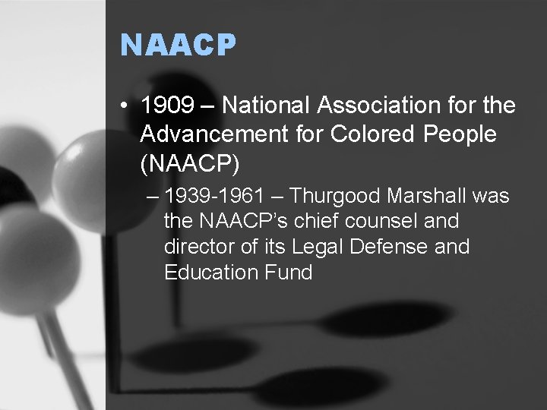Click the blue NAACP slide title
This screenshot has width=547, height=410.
(x=179, y=46)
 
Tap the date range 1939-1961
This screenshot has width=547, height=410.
(x=214, y=197)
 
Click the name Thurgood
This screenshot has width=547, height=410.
(x=335, y=197)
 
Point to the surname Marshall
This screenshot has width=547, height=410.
(x=428, y=197)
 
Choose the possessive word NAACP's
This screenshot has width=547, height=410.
(x=251, y=222)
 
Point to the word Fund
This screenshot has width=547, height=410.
(x=289, y=272)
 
